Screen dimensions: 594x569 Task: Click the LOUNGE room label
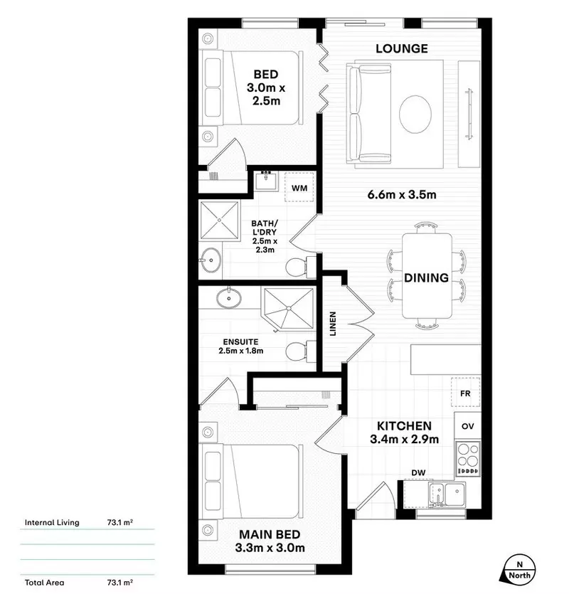402,48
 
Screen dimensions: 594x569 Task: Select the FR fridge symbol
466,392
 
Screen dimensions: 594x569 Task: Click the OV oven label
468,426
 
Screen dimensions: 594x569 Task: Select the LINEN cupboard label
332,324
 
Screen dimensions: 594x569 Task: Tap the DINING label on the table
427,277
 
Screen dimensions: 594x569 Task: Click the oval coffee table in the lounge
415,115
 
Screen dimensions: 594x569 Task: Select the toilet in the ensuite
298,351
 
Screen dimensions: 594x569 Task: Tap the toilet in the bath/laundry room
299,267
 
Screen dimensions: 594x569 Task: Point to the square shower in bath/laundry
219,221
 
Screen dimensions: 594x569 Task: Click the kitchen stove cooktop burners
468,458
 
